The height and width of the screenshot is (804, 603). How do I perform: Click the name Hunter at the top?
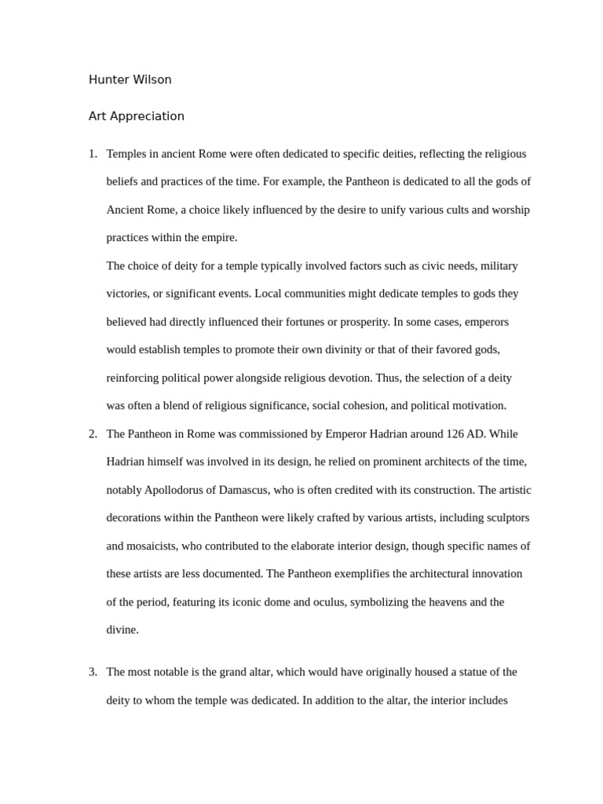[108, 79]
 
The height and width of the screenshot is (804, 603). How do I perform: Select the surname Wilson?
[152, 79]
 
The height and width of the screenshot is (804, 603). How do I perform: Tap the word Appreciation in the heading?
[148, 116]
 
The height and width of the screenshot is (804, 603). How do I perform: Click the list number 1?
[92, 154]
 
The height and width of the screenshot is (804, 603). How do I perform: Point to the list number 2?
[92, 434]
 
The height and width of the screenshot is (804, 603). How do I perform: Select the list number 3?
[92, 672]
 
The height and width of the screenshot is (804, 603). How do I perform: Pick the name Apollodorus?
[179, 490]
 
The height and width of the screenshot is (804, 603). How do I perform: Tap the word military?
[499, 266]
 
